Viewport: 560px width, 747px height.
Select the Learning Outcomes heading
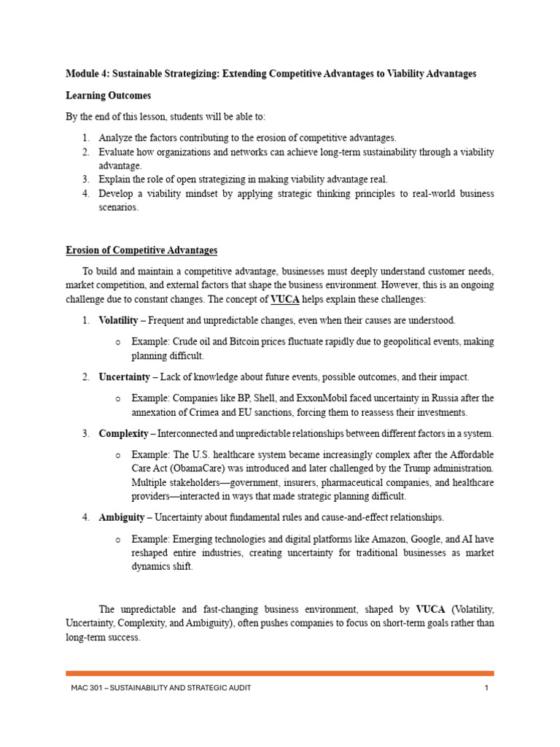[x=109, y=96]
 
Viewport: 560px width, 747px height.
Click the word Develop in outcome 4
[x=117, y=193]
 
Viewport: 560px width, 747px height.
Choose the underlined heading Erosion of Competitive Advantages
[x=141, y=250]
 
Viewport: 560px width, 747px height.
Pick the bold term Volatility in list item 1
[x=118, y=320]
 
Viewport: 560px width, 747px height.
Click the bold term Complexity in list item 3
[x=122, y=433]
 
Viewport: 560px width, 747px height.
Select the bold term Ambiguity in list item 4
[x=120, y=517]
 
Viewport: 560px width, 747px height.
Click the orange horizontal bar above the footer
[x=280, y=673]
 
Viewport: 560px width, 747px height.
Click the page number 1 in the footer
[x=486, y=688]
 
